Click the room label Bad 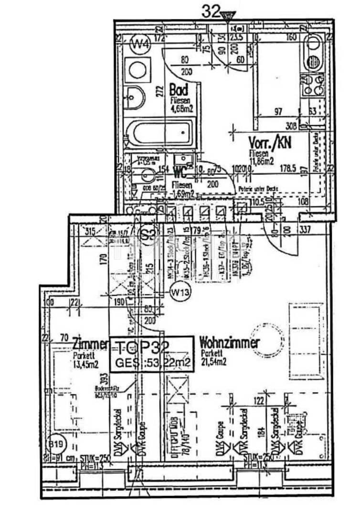coord(179,89)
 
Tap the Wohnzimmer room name coord(229,343)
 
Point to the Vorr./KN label coord(270,142)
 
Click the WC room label coord(180,171)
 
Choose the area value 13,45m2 coord(85,363)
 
